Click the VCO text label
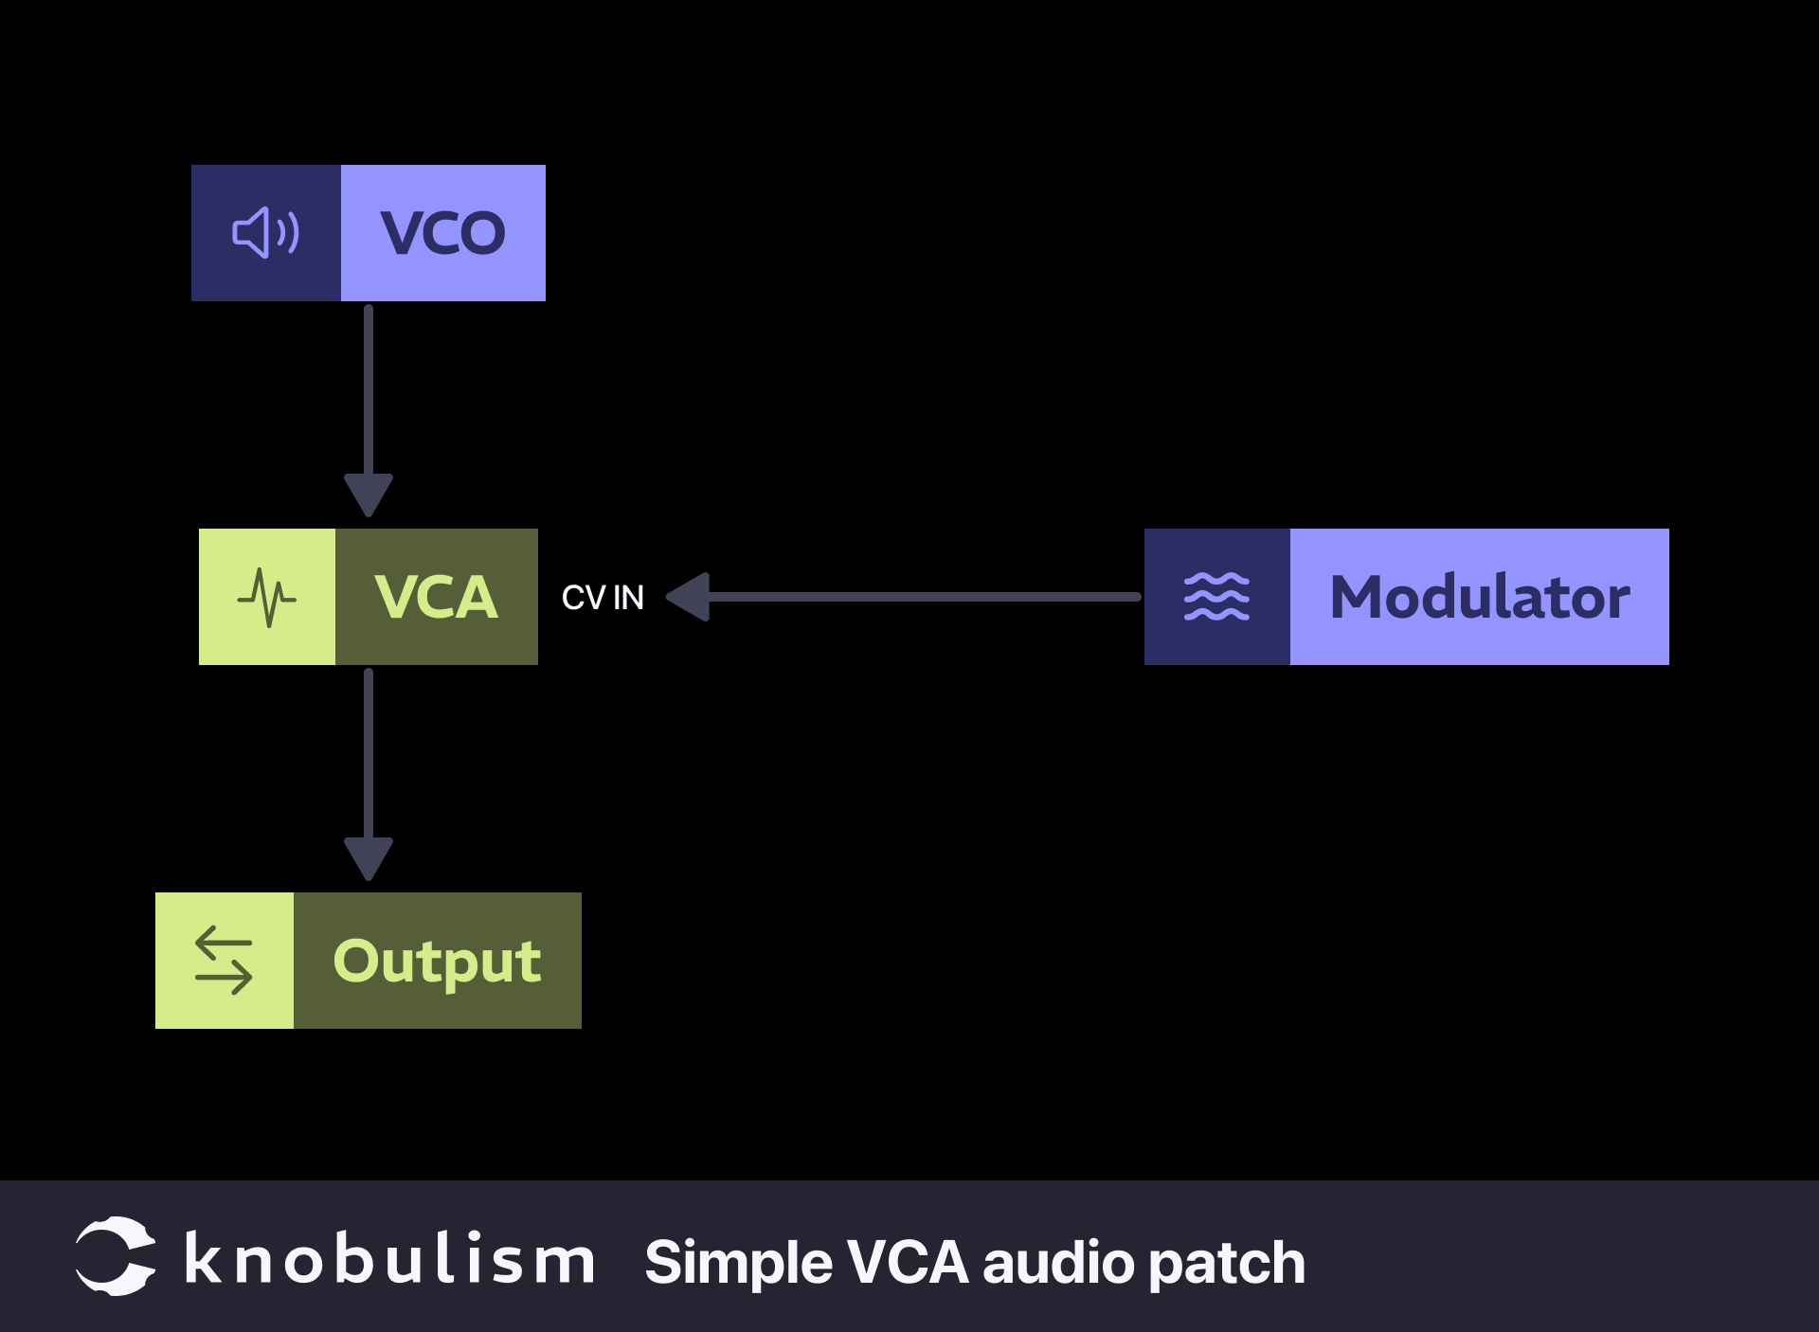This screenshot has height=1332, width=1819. point(442,233)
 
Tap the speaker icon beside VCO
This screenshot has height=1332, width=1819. point(265,233)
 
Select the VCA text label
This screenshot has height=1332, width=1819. point(436,597)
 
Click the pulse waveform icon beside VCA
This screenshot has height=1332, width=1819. point(266,597)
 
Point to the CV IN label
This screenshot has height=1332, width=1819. point(603,598)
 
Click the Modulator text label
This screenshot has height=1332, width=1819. point(1479,597)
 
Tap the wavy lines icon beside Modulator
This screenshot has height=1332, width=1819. point(1216,597)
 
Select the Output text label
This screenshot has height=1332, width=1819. point(437,961)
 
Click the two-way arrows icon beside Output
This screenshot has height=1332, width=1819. point(224,961)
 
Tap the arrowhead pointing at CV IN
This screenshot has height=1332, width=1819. point(690,597)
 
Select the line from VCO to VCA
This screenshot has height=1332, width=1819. point(369,388)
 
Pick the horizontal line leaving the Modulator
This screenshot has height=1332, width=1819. point(924,597)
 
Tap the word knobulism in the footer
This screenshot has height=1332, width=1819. point(389,1260)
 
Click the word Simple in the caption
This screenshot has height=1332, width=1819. point(739,1264)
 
